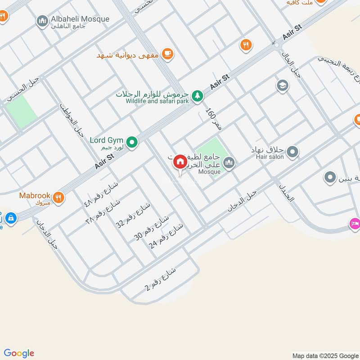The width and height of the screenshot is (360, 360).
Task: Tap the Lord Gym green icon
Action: point(132,143)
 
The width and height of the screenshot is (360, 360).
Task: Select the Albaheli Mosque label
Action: point(81,19)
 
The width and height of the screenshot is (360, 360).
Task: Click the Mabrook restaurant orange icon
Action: point(58,197)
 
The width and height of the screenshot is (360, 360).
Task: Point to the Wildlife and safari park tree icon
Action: point(197,95)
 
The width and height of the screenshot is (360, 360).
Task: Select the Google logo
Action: point(19,353)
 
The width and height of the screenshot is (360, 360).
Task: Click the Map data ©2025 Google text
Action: point(325,355)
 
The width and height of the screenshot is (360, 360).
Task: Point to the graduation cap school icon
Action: point(283,85)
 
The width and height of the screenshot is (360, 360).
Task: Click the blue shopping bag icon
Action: point(10,218)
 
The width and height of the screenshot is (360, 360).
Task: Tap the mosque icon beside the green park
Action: point(229,162)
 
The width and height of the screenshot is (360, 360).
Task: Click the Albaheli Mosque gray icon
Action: point(43,21)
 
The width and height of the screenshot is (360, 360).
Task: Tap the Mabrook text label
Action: point(34,196)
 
